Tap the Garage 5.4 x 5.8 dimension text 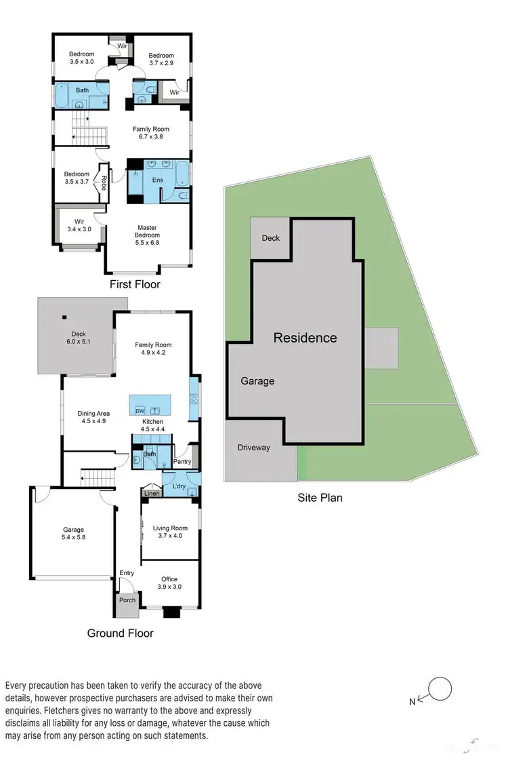coord(73,538)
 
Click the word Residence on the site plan coord(305,338)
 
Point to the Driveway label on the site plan coord(253,448)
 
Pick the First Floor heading coord(135,284)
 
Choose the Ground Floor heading coord(120,633)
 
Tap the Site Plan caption coord(320,498)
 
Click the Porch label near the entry coord(127,600)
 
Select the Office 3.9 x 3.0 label coord(169,583)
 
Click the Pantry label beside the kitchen coord(182,462)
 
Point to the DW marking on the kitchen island coord(140,411)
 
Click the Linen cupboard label coord(152,494)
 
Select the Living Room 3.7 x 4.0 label coord(170,532)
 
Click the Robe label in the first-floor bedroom coord(104,182)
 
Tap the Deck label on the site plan coord(271,238)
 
